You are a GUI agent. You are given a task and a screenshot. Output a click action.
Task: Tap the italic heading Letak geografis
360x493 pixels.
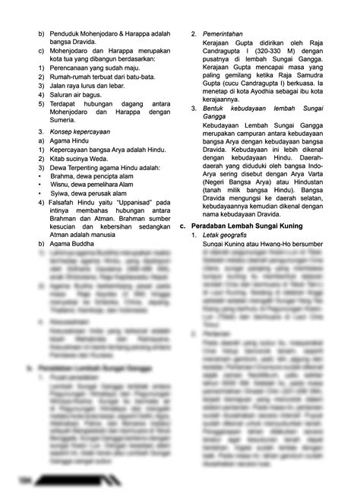click(230, 236)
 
